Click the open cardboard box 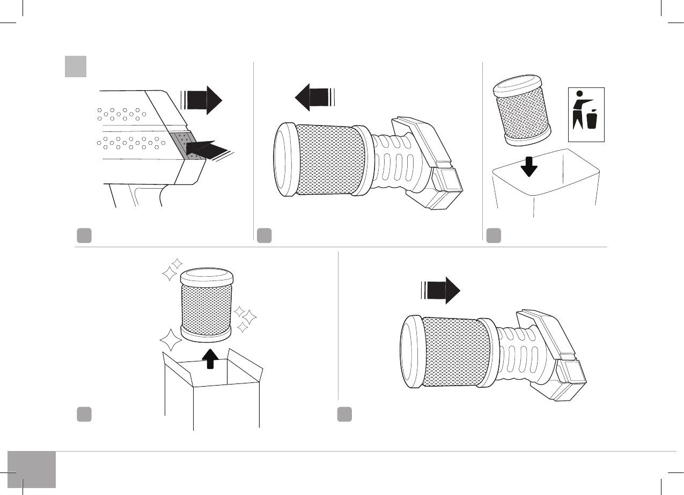212,391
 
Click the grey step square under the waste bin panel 494,235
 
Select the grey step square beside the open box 83,414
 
